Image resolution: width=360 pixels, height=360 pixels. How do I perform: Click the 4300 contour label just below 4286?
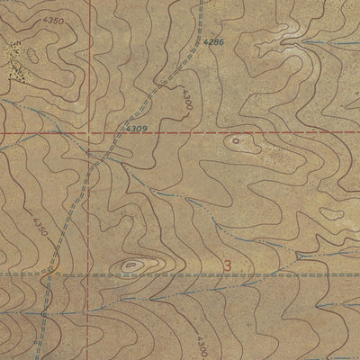(x=186, y=99)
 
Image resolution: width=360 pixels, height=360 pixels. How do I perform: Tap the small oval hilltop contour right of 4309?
(x=236, y=140)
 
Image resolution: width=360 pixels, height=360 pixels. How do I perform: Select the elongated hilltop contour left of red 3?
(x=132, y=265)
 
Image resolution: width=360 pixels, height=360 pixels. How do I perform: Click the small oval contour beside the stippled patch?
(x=33, y=56)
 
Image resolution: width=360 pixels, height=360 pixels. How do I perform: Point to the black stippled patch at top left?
(x=14, y=56)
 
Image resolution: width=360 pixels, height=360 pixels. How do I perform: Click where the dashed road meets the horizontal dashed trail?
(x=51, y=273)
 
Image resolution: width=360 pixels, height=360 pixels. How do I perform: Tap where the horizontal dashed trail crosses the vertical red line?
(x=91, y=273)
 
